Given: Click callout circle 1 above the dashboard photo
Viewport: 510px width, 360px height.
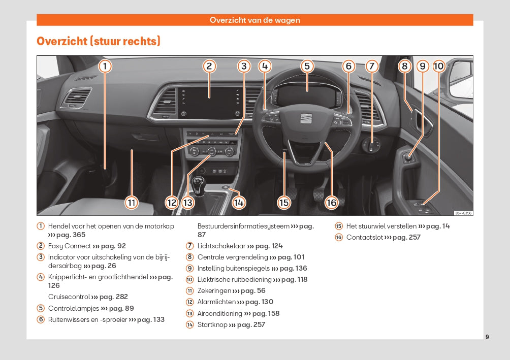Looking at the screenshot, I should coord(105,66).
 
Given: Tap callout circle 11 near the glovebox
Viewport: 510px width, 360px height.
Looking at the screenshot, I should coord(132,203).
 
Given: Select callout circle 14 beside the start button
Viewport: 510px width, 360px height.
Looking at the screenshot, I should coord(239,203).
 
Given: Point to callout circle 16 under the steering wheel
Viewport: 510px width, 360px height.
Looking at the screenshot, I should coord(331,203).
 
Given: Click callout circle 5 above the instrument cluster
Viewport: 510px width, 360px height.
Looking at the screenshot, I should coord(307,66).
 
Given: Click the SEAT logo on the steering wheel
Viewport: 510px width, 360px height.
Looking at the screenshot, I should coord(306,118).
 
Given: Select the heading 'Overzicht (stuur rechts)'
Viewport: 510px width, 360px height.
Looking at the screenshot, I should coord(99,41).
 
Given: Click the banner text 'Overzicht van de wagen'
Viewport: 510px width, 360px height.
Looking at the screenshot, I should coord(255,20).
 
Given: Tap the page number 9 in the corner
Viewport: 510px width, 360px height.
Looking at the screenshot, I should coord(487,337).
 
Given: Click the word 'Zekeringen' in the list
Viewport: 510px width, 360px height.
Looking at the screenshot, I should coord(214,291).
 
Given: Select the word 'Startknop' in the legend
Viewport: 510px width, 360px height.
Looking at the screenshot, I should coord(212,324).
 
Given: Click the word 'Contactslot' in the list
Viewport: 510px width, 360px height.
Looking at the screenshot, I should coord(364,237).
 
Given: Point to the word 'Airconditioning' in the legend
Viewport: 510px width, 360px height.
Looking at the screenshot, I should coord(220,313).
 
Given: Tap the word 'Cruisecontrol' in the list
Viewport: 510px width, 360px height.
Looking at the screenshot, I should coord(69,297).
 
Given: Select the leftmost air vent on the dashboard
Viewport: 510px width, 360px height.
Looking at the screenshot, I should coord(76,97).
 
